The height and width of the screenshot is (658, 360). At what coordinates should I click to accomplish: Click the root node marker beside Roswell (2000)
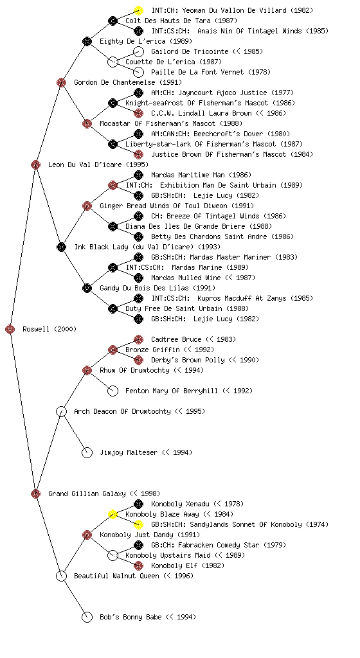10,329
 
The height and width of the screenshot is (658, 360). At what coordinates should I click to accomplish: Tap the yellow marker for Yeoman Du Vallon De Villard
138,10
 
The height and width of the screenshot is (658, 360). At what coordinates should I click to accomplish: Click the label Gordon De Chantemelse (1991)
128,82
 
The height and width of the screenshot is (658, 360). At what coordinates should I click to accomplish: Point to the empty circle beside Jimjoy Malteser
87,452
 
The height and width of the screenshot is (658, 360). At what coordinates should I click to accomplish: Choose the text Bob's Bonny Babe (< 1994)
148,617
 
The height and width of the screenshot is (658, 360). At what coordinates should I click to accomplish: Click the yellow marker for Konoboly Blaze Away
113,514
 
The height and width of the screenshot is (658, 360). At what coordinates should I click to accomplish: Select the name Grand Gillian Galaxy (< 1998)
104,493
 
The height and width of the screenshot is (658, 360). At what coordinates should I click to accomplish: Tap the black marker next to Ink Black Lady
61,247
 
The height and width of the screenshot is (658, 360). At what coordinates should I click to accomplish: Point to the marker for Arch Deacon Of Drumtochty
61,411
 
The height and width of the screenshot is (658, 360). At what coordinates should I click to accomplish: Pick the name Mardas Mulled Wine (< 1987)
203,278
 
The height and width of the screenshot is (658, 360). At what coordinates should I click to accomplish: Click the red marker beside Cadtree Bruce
138,339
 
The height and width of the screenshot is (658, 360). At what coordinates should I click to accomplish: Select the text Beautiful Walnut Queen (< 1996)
134,576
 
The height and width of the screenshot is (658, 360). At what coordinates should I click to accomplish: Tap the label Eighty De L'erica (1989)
146,41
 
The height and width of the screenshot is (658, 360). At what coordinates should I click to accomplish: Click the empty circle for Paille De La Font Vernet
138,72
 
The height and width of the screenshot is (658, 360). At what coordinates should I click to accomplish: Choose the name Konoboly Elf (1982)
188,565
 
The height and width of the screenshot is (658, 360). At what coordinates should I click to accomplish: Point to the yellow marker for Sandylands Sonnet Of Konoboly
138,524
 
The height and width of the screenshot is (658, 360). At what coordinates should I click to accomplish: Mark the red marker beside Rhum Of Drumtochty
87,370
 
